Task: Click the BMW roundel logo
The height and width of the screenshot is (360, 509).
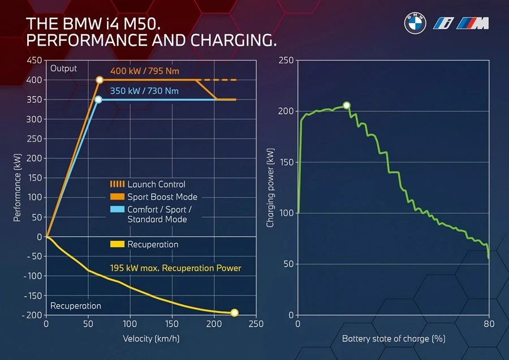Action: pos(415,23)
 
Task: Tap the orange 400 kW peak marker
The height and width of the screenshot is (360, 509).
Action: pos(100,80)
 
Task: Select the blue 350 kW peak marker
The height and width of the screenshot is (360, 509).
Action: pos(98,99)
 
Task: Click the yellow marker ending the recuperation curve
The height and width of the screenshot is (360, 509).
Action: pos(234,313)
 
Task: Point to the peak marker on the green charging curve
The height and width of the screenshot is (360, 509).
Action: pos(347,105)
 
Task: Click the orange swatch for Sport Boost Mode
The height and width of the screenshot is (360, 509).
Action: pos(117,197)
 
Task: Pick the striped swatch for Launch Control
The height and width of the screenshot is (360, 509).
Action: pos(117,184)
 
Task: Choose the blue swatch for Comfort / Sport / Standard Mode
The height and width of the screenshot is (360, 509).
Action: pos(117,210)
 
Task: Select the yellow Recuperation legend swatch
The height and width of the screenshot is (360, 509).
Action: pos(117,244)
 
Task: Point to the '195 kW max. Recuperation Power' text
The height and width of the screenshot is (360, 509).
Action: pos(175,268)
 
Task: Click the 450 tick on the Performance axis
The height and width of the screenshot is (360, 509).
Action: pos(34,60)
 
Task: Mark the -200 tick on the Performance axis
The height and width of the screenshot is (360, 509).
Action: pos(32,315)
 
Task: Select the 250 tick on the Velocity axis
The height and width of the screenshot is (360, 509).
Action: pos(256,324)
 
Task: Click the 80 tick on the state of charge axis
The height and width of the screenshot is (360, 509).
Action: pos(489,324)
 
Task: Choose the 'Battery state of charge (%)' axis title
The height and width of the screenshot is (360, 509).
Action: pos(393,339)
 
